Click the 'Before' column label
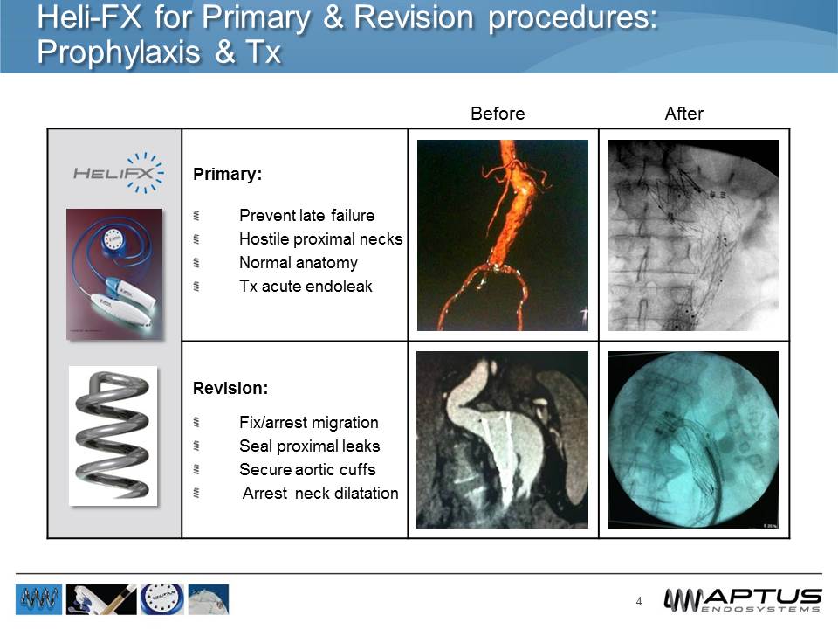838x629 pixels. (498, 114)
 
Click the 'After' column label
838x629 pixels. (683, 114)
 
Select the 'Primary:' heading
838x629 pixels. (227, 174)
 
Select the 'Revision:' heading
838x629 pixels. (230, 386)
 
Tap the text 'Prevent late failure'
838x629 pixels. (306, 215)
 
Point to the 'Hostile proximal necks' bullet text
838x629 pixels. (320, 238)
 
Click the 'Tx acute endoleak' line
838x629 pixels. (306, 286)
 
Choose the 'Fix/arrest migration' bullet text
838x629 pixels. (308, 422)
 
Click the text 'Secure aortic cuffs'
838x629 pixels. (307, 469)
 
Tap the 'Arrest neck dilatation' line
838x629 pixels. (319, 493)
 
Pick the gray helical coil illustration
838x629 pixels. (113, 435)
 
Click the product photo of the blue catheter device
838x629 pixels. (114, 273)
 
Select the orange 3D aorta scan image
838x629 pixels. (502, 235)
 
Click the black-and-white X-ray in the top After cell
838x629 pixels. (692, 235)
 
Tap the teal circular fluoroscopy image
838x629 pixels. (692, 439)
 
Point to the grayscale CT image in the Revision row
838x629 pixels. (502, 439)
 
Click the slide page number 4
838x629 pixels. (639, 601)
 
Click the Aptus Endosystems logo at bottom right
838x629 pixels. (742, 599)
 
